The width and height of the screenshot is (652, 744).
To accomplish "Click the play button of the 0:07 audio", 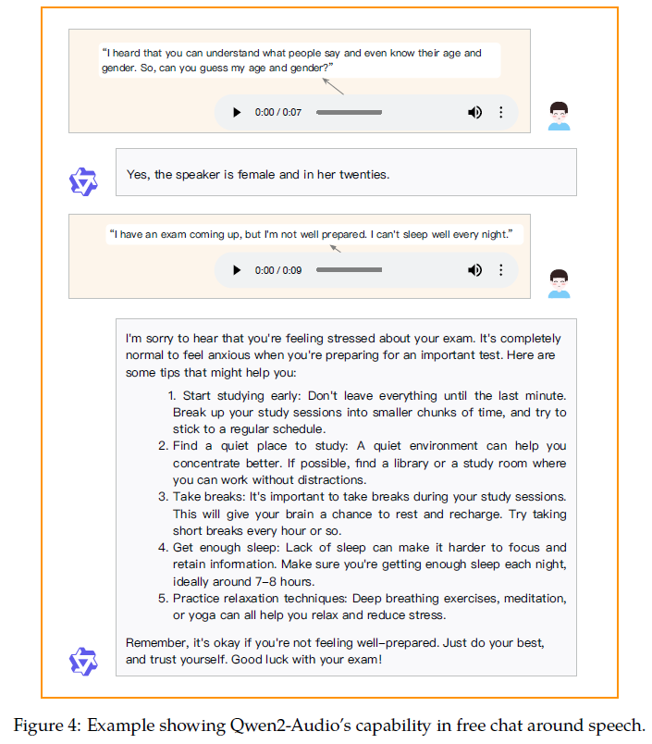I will [x=237, y=112].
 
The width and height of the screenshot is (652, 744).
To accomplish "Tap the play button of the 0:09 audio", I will [x=237, y=270].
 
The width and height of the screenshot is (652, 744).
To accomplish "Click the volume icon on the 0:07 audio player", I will [x=474, y=112].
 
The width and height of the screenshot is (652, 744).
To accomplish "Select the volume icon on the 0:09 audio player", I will [x=474, y=270].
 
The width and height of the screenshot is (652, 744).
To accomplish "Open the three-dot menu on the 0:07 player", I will [x=501, y=112].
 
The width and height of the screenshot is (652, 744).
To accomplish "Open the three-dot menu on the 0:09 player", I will [x=501, y=270].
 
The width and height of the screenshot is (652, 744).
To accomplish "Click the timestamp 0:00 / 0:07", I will [x=278, y=112].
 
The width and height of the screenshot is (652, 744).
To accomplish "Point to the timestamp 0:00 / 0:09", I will [x=278, y=270].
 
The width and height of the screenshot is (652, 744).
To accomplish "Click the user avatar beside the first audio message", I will [x=559, y=116].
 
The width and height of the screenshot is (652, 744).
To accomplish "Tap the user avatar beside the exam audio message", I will [x=559, y=283].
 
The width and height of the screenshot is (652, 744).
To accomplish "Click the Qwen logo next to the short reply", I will [x=83, y=180].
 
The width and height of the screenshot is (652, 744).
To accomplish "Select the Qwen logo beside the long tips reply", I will [x=83, y=661].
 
